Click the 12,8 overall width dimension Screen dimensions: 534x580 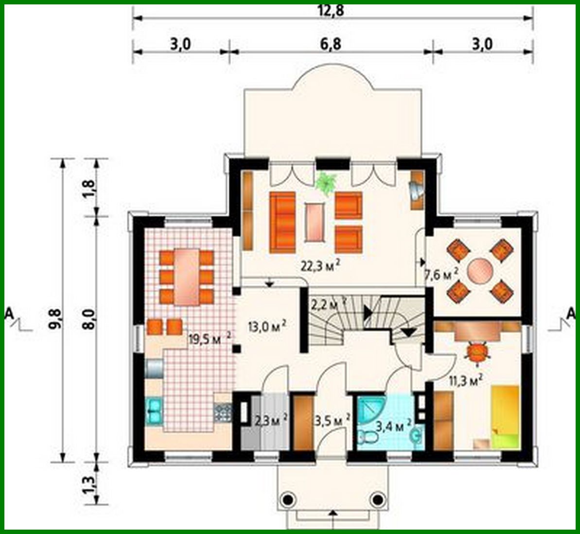pos(333,11)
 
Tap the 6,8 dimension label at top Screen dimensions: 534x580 pos(331,44)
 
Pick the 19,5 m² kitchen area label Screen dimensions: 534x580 pos(210,338)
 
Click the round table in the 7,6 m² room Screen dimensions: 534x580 pos(480,270)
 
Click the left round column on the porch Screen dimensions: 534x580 pos(288,499)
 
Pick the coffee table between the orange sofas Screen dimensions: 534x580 pos(315,221)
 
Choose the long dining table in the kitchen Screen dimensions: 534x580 pos(187,276)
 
